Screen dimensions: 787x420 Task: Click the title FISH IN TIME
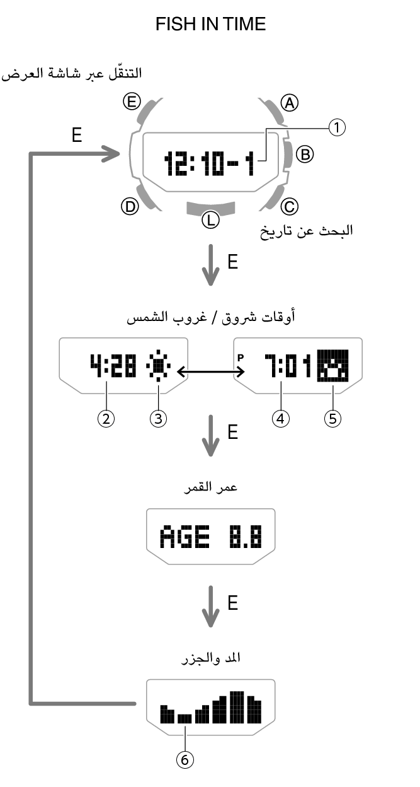click(x=210, y=25)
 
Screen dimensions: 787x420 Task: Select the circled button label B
click(x=305, y=153)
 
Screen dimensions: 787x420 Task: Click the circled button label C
click(x=289, y=206)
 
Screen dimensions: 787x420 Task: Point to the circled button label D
click(x=130, y=206)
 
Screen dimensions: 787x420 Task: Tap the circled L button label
click(x=210, y=220)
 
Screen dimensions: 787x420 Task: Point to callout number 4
click(x=279, y=418)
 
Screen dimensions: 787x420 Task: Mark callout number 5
click(x=332, y=418)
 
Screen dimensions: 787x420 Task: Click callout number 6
click(x=184, y=761)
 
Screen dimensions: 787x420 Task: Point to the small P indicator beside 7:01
click(x=241, y=357)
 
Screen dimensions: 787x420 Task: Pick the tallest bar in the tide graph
click(x=237, y=707)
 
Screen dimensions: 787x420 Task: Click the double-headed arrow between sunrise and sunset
click(x=207, y=373)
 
